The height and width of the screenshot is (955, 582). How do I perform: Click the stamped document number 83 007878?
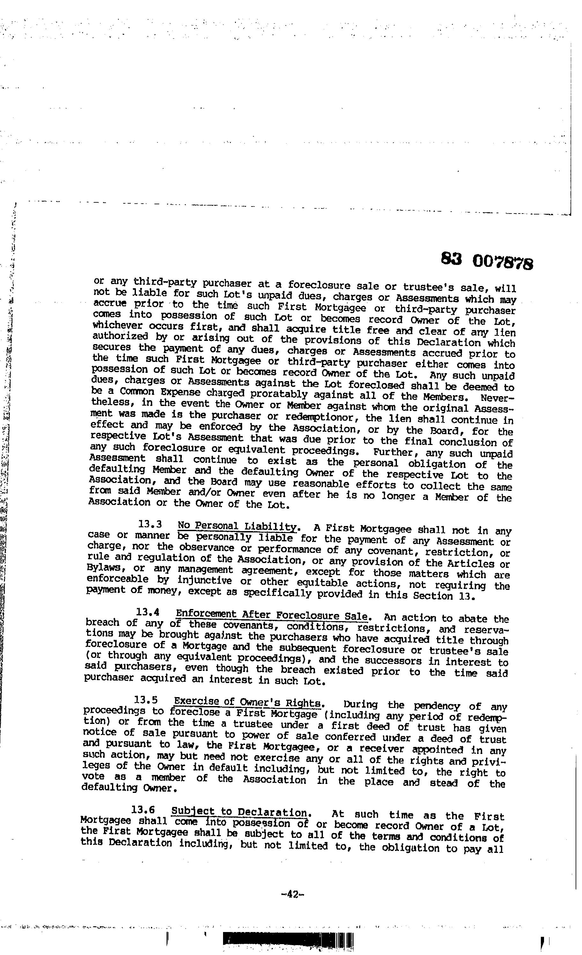click(x=487, y=261)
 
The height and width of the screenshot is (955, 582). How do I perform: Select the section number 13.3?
click(x=150, y=525)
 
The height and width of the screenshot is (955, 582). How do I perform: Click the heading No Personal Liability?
click(x=237, y=527)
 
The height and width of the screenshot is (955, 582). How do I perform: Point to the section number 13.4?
click(x=148, y=613)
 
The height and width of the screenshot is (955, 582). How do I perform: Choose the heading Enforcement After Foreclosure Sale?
click(x=272, y=615)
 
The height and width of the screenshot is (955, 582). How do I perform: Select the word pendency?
click(x=437, y=706)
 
